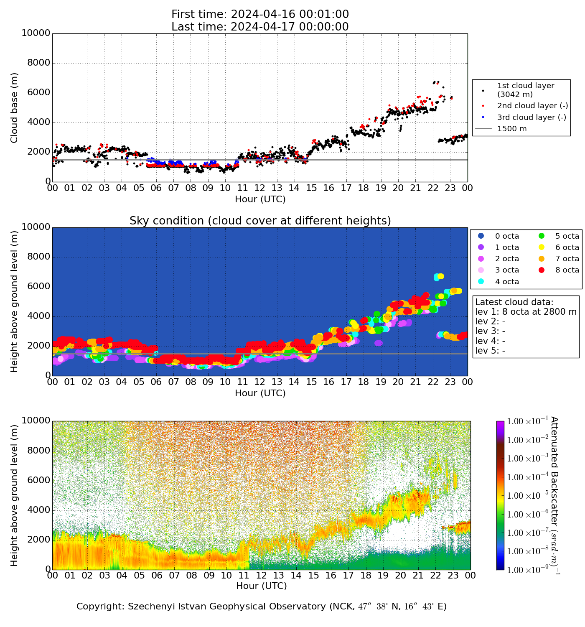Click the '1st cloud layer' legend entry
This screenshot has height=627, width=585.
(525, 90)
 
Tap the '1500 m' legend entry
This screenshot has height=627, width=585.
(512, 129)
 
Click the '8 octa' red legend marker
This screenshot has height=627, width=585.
(542, 270)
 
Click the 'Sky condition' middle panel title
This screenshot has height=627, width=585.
(260, 221)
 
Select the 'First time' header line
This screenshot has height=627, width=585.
(260, 15)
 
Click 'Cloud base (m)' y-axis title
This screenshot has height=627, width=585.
(15, 108)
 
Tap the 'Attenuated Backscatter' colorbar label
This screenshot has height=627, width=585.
(554, 495)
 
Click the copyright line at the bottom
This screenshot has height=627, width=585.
(262, 607)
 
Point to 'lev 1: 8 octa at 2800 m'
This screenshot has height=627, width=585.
(526, 312)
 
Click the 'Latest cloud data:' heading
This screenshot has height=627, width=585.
(514, 302)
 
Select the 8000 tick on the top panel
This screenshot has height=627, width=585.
(38, 63)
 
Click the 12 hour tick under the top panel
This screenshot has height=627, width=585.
(260, 188)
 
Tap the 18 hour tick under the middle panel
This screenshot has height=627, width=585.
(364, 382)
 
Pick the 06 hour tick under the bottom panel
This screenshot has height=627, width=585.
(157, 576)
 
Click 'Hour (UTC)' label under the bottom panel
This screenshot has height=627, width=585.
(262, 586)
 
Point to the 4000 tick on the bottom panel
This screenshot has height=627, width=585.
(38, 510)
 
